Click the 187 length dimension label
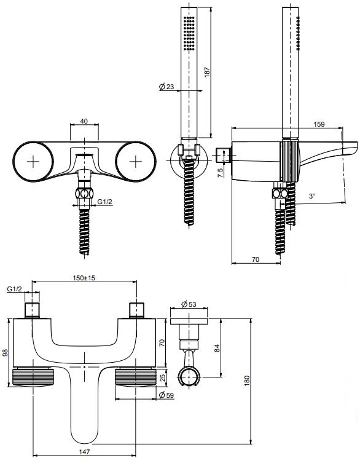pos(207,72)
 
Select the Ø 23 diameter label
pos(166,87)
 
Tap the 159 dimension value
pos(319,124)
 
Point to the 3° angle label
pos(312,196)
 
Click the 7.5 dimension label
pos(221,173)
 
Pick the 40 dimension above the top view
pos(84,121)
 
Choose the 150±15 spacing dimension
pos(84,278)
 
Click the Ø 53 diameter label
pos(189,304)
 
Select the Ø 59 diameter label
pos(166,395)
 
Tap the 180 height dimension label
pos(247,381)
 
